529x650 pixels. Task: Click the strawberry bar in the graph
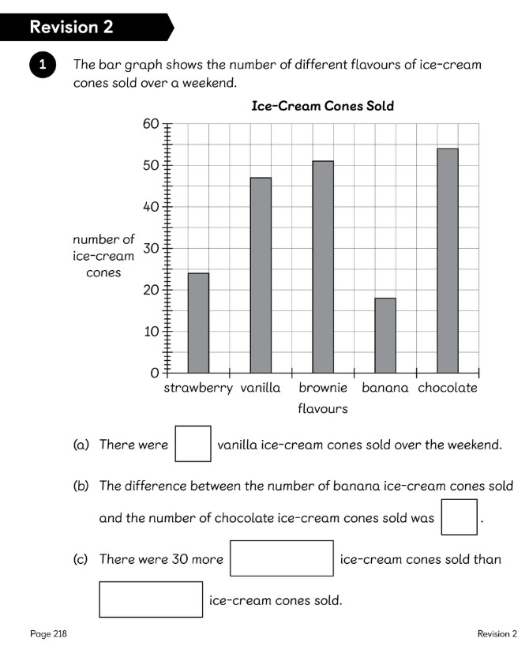tap(198, 322)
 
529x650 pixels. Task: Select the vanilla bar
tap(261, 275)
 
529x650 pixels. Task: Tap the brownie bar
tap(323, 266)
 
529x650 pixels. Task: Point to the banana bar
tap(385, 335)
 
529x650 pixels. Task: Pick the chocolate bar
tap(448, 260)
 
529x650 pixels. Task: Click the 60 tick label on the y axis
tap(150, 124)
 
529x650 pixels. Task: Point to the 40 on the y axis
tap(150, 207)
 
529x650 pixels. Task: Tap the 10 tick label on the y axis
tap(150, 331)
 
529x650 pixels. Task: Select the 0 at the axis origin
tap(155, 372)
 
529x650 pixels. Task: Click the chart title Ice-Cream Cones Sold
tap(322, 105)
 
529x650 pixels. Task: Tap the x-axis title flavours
tap(322, 408)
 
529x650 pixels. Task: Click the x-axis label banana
tap(385, 388)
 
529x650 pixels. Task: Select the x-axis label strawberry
tap(198, 388)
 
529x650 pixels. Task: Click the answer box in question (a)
tap(193, 444)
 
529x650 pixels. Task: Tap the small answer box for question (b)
tap(460, 517)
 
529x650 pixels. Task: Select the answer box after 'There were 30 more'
tap(282, 558)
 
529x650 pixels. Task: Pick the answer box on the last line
tap(151, 599)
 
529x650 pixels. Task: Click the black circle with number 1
tap(42, 66)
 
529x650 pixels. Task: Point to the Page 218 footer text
tap(48, 633)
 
